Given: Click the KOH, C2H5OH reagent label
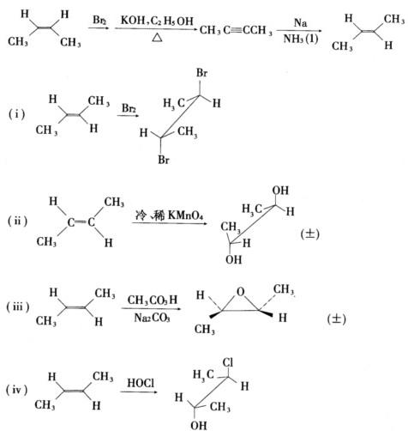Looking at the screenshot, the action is pos(157,21).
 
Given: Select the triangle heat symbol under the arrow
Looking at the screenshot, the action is pos(157,38).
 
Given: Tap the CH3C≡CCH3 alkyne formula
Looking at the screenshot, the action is pos(236,30).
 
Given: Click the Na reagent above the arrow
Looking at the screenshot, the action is pos(300,22).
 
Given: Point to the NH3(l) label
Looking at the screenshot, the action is pos(301,39).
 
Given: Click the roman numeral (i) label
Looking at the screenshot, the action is pos(16,114).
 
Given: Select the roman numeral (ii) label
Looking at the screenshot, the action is pos(18,221).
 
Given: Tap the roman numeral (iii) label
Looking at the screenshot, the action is pos(18,307).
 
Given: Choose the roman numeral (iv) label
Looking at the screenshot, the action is pos(17,390).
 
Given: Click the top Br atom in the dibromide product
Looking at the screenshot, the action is pos(201,73).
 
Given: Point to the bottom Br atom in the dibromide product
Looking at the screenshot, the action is pos(164,160).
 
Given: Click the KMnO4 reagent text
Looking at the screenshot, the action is pos(185,215).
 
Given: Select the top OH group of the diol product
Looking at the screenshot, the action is pos(280,191).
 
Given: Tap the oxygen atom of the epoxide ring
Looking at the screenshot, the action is pos(241,291).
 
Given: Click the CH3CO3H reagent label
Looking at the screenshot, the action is pos(153,300).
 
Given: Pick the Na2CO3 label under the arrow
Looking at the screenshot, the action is pos(152,318).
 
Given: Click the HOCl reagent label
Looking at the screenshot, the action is pos(141,383).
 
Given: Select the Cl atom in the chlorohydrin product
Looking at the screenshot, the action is pos(228,362).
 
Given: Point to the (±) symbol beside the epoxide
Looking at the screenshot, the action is pos(336,319).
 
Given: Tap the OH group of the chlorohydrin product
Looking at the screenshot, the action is pos(199,425).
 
